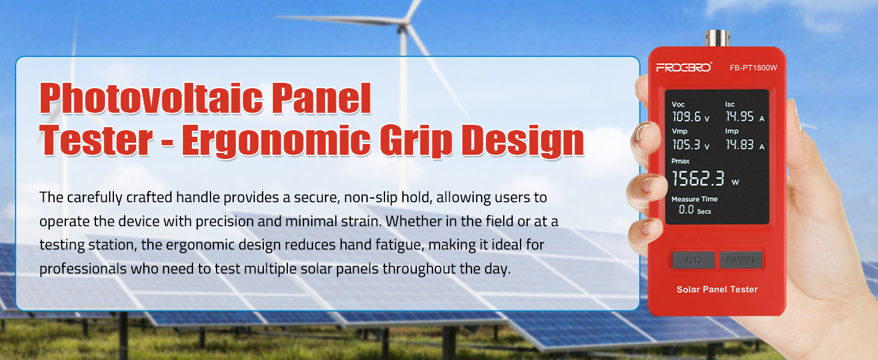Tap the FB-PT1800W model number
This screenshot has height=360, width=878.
(x=753, y=68)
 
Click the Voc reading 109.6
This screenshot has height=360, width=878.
(x=686, y=116)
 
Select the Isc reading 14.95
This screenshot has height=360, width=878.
(x=739, y=116)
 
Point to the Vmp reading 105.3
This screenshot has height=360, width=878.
(x=686, y=145)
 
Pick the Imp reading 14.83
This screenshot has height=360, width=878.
(x=739, y=145)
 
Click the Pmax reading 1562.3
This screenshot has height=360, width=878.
(x=698, y=178)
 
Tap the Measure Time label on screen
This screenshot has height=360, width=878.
(x=694, y=199)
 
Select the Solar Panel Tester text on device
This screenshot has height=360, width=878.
(x=717, y=289)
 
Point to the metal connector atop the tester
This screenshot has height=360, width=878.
(x=717, y=38)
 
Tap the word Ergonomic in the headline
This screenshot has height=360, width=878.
(x=276, y=141)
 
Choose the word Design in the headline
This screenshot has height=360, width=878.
(x=522, y=141)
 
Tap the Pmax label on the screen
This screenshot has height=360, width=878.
(x=680, y=161)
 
